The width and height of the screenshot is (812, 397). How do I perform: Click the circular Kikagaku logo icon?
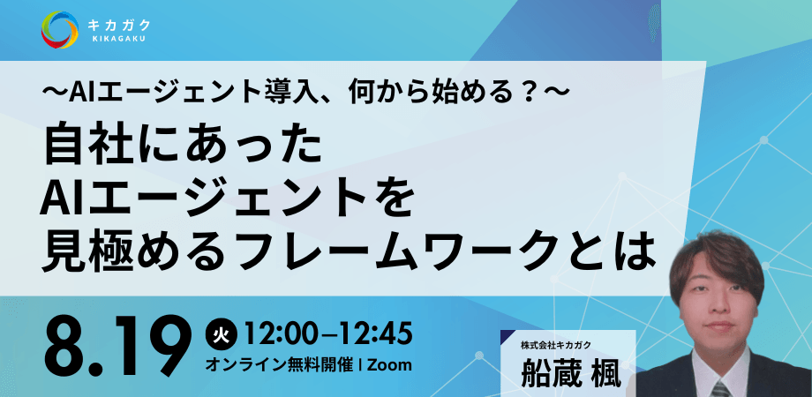tap(60, 30)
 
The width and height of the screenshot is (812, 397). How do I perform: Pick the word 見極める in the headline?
tap(124, 252)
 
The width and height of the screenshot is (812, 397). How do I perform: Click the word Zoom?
tap(389, 365)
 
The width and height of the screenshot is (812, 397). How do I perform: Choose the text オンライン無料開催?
tap(279, 365)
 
